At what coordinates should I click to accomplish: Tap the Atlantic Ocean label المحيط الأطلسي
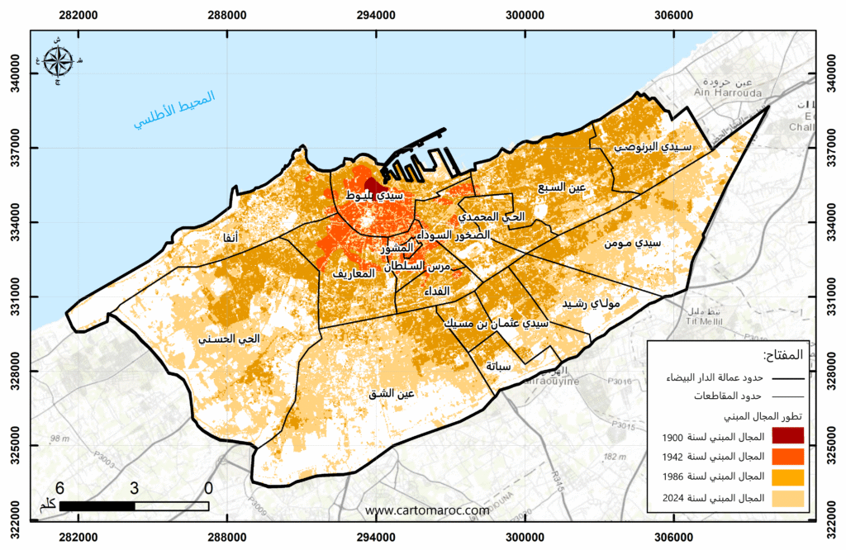click(174, 109)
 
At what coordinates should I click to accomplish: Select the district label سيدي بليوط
click(374, 196)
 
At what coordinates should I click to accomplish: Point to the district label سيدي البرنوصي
click(652, 146)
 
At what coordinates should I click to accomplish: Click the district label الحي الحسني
click(229, 339)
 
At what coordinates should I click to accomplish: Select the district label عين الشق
click(392, 393)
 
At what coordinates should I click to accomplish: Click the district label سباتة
click(499, 365)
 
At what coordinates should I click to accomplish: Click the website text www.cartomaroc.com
click(427, 510)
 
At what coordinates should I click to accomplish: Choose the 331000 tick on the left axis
click(15, 297)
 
